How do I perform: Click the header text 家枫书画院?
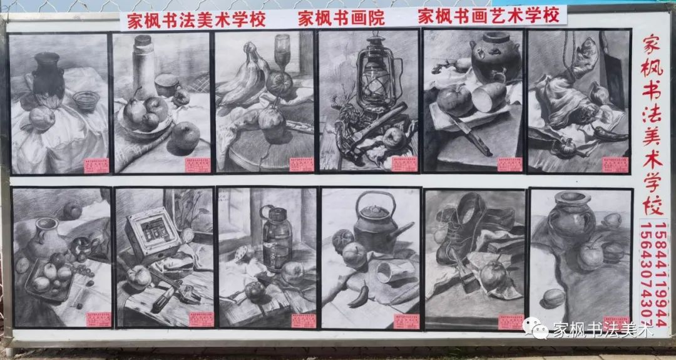click(x=341, y=17)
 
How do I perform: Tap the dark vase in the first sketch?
click(x=48, y=77)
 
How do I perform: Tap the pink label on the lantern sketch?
click(x=404, y=164)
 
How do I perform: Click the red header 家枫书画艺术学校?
click(x=489, y=16)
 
